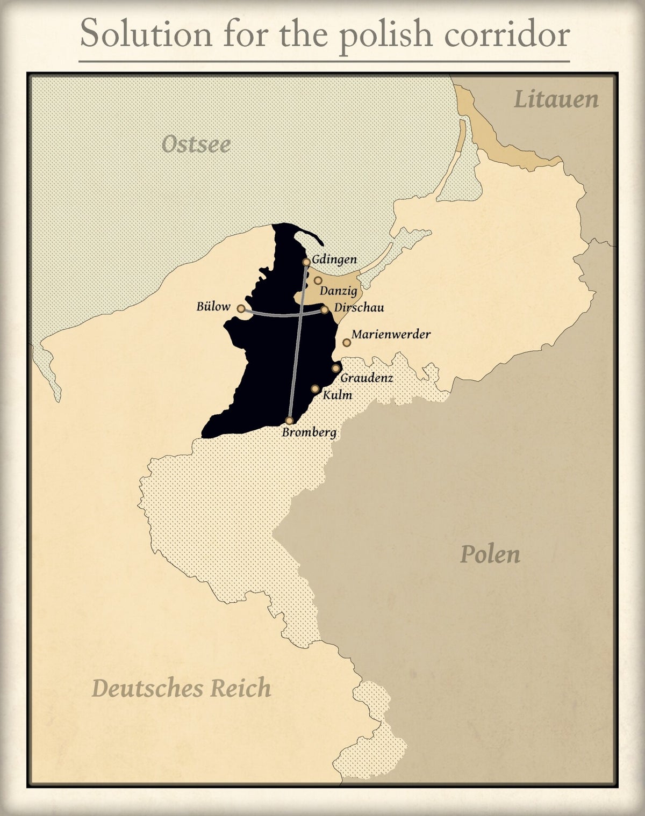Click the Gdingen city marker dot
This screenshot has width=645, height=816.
pos(306,262)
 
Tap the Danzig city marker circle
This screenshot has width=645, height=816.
pos(318,280)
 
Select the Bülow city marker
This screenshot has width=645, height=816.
pos(241,309)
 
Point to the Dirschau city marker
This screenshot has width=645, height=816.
pos(325,310)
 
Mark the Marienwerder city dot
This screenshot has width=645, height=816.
pos(347,343)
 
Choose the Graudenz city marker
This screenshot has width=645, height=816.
pos(336,369)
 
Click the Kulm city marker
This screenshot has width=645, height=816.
pos(316,389)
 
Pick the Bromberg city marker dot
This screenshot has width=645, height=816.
pos(290,421)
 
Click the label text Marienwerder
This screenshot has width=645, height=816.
pos(391,335)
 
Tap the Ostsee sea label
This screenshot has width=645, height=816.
pos(196,144)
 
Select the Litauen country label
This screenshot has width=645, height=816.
pos(556,100)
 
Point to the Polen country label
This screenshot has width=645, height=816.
pos(490,554)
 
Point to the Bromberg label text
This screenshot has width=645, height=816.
pos(309,432)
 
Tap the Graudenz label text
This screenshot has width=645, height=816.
pos(367,378)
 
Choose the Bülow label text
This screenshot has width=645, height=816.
pos(213,307)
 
